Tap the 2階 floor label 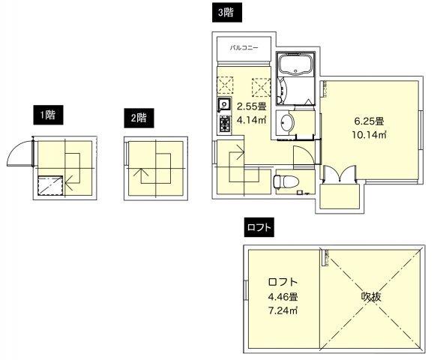pos(138,117)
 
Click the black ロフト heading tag pos(258,224)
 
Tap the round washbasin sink pos(286,122)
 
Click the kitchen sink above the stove pos(223,104)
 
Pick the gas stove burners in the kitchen pos(223,123)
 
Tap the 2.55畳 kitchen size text pos(248,106)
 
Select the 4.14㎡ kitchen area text pos(248,119)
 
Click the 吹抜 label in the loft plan pos(372,296)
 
